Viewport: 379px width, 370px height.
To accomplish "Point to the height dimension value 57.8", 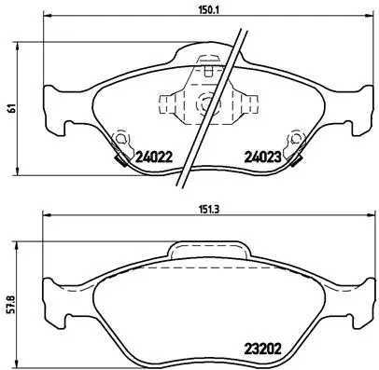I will [x=10, y=306].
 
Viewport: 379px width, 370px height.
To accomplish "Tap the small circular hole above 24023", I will [x=296, y=140].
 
